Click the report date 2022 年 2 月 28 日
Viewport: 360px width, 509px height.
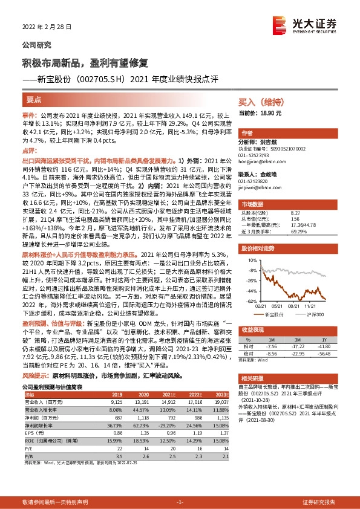click(x=43, y=27)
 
